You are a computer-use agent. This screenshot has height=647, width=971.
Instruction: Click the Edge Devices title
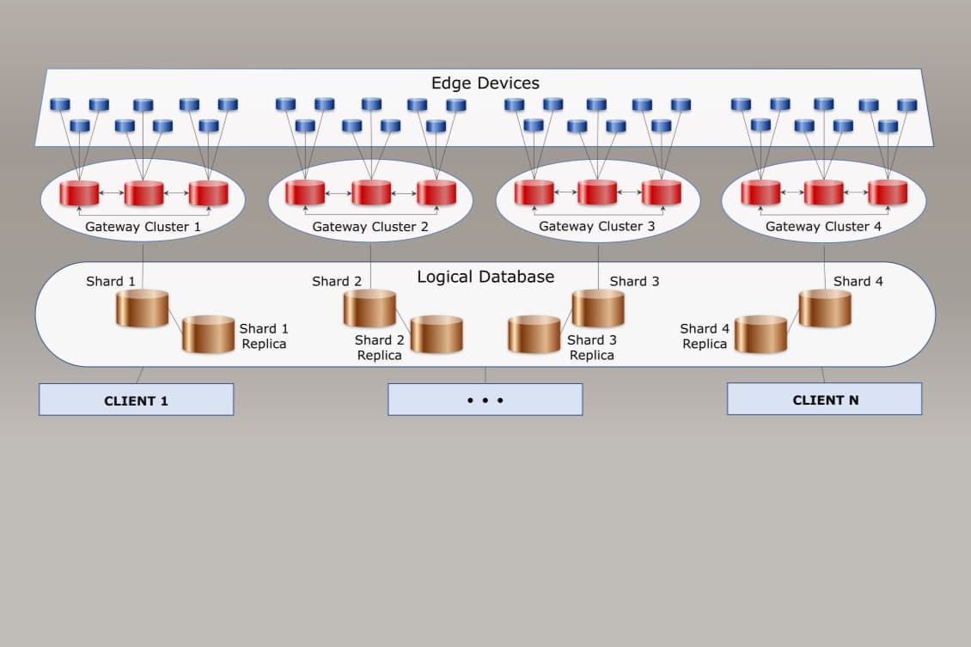pyautogui.click(x=485, y=83)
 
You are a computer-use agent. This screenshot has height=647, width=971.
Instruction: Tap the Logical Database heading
pyautogui.click(x=485, y=277)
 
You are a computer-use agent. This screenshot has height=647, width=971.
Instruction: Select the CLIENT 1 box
pyautogui.click(x=136, y=400)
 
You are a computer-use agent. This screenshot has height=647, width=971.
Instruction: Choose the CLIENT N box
pyautogui.click(x=824, y=400)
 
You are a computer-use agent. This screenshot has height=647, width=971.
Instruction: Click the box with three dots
pyautogui.click(x=485, y=400)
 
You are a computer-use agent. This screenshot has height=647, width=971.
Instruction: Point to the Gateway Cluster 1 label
pyautogui.click(x=143, y=227)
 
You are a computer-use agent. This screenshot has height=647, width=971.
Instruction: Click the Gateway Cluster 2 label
pyautogui.click(x=370, y=227)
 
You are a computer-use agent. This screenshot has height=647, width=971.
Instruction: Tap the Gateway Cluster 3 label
pyautogui.click(x=596, y=227)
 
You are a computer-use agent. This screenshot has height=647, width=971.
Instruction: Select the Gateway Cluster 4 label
pyautogui.click(x=823, y=227)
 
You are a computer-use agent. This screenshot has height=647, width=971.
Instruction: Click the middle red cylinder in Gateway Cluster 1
pyautogui.click(x=144, y=193)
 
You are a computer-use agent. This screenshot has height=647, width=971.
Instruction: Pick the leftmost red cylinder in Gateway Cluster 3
pyautogui.click(x=534, y=192)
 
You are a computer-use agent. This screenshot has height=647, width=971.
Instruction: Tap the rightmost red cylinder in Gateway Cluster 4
pyautogui.click(x=888, y=192)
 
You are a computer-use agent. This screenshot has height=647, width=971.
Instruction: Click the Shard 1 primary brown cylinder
pyautogui.click(x=142, y=308)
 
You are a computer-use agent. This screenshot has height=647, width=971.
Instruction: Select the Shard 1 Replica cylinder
pyautogui.click(x=208, y=334)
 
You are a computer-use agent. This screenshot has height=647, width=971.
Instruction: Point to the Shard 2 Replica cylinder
pyautogui.click(x=437, y=335)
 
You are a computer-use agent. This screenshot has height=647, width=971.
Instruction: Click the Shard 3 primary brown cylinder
pyautogui.click(x=598, y=308)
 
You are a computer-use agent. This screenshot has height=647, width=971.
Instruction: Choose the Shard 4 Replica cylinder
pyautogui.click(x=760, y=334)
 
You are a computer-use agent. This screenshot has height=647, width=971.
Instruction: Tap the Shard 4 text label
pyautogui.click(x=858, y=281)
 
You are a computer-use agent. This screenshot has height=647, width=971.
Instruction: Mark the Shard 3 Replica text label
pyautogui.click(x=592, y=347)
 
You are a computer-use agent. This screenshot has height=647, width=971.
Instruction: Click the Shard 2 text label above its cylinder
pyautogui.click(x=337, y=281)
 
